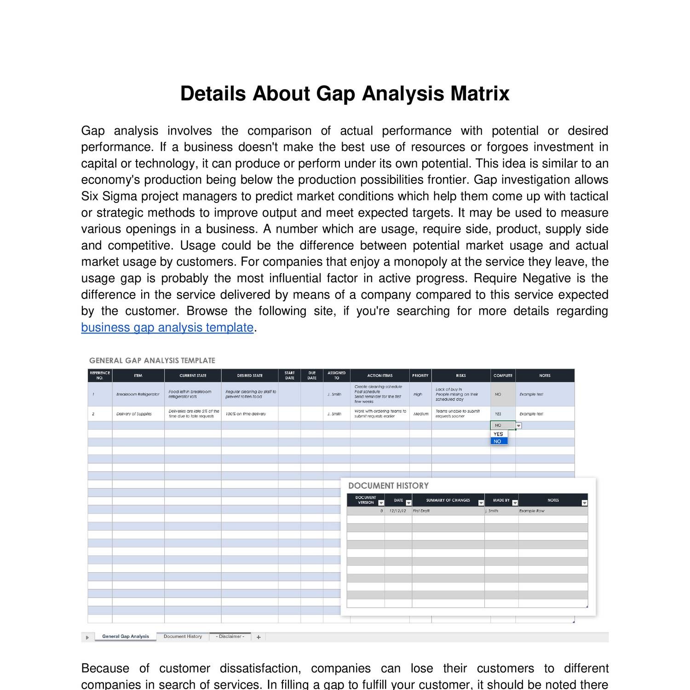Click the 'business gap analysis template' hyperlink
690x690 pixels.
coord(167,328)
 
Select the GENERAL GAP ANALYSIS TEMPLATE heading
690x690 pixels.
coord(152,361)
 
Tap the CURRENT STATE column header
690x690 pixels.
coord(193,375)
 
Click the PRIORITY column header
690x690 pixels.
coord(420,375)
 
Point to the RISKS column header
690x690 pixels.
coord(460,375)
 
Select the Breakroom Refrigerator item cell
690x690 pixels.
coord(138,394)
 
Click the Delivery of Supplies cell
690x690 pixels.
coord(134,414)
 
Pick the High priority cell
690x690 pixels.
coord(418,394)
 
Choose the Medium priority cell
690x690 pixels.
coord(421,414)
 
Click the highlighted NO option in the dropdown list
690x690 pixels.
coord(499,441)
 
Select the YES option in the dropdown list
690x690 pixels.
coord(499,434)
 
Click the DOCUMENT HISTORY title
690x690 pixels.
coord(388,486)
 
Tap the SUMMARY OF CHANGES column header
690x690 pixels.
coord(448,500)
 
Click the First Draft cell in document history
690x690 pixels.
coord(421,511)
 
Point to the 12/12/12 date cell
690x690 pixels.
coord(397,511)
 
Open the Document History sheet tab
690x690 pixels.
coord(183,637)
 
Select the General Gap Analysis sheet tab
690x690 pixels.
coord(125,637)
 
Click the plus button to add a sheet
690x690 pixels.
coord(259,637)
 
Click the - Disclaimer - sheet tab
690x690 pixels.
coord(230,637)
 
